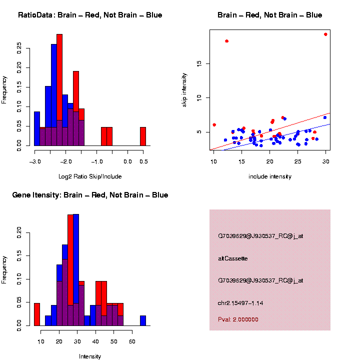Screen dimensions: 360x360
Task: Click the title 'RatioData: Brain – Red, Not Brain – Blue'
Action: click(x=90, y=15)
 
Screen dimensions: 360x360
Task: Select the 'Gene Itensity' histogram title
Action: click(x=90, y=195)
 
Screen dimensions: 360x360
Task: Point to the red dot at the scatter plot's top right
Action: click(x=325, y=34)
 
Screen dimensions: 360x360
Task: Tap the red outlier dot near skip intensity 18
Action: click(x=226, y=41)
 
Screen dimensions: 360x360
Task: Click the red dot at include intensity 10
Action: click(x=214, y=124)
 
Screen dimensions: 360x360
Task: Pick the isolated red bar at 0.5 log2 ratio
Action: click(x=142, y=136)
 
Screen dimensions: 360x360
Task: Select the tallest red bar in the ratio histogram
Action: click(x=59, y=90)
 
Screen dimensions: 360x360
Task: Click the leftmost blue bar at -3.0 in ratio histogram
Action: click(x=37, y=128)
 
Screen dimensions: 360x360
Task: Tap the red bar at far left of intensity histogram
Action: click(x=37, y=314)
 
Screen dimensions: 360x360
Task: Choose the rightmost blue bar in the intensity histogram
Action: click(x=143, y=320)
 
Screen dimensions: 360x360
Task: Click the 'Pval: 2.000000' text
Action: click(x=238, y=319)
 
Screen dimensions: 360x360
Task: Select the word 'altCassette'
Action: click(x=233, y=258)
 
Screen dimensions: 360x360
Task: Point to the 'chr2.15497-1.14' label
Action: click(x=240, y=303)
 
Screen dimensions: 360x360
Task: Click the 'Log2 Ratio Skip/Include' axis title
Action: click(x=90, y=176)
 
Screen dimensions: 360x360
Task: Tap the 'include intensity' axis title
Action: click(x=270, y=176)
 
